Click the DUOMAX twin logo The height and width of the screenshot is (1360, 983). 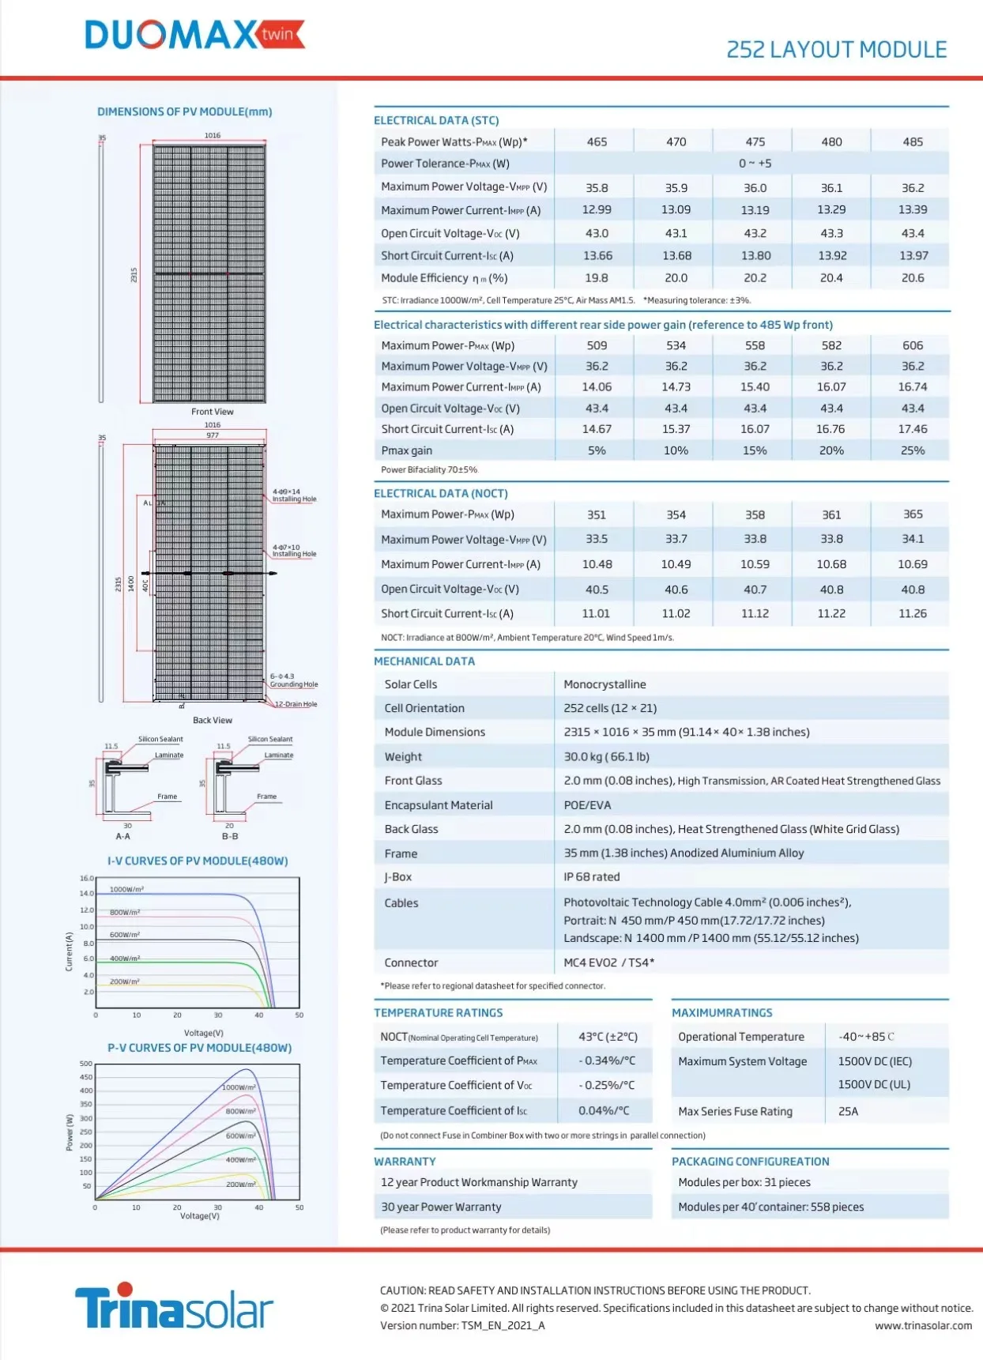[x=194, y=35]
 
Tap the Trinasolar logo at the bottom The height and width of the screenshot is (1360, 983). [x=174, y=1308]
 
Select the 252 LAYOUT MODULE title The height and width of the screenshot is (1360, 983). [x=836, y=50]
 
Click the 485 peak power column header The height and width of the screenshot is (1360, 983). [x=913, y=142]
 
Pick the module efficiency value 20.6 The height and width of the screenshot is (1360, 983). [x=913, y=278]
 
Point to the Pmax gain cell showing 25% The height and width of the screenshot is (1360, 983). [x=913, y=450]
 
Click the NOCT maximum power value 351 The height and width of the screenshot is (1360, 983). [x=597, y=514]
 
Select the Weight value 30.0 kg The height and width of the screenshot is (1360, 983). [x=606, y=757]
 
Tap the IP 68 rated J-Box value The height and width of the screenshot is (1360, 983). [x=591, y=877]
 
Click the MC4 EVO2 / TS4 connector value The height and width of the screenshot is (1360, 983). [x=608, y=963]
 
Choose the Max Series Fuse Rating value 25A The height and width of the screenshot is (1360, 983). [x=848, y=1111]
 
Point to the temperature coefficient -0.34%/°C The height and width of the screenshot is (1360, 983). [x=606, y=1060]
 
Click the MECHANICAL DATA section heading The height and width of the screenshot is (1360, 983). [x=424, y=661]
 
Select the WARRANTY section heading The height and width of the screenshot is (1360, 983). [x=405, y=1162]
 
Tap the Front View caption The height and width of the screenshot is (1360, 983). [x=212, y=412]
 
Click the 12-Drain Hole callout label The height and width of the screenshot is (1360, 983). [x=296, y=704]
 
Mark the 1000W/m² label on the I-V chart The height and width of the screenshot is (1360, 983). [x=126, y=890]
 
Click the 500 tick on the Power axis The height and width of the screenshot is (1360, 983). [x=86, y=1064]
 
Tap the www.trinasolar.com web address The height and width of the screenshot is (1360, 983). [x=923, y=1326]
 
